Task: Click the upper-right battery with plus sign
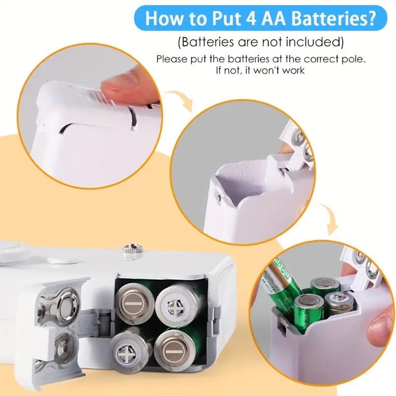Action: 175,303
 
